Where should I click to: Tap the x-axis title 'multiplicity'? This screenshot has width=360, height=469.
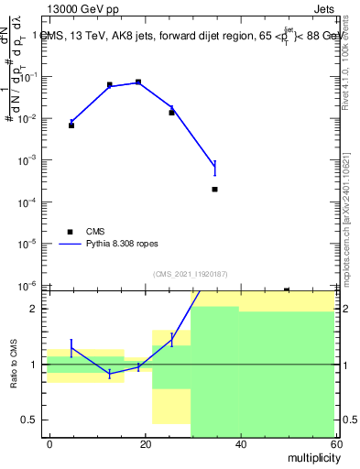point(309,456)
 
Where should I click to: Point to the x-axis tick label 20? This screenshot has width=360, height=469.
point(145,443)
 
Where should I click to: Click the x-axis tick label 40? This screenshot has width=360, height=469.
point(240,443)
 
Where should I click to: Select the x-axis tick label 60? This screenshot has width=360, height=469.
point(333,443)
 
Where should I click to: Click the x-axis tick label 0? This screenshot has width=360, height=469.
point(49,443)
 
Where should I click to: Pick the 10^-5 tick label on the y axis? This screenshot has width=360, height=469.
point(27,244)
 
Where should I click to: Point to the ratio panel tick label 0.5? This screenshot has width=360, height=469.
point(28,420)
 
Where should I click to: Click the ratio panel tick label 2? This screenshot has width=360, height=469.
point(34,309)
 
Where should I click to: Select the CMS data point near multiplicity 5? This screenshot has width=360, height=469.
point(71,125)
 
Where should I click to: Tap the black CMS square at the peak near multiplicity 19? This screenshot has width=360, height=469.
point(138,82)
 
